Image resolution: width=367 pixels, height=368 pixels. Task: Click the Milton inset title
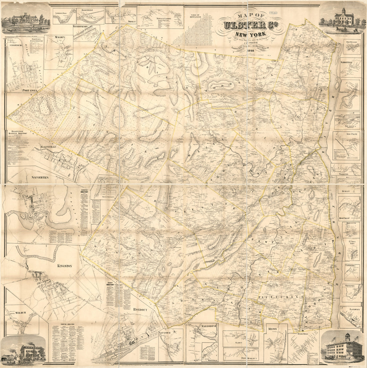[x=272, y=329]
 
